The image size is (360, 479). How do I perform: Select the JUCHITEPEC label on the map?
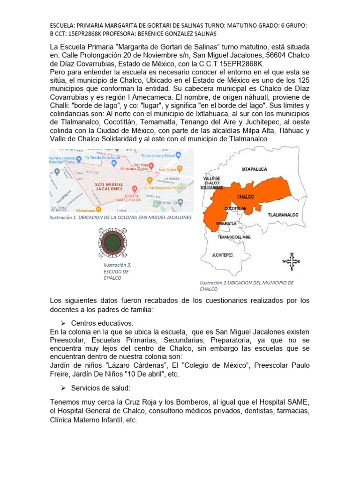[223, 255]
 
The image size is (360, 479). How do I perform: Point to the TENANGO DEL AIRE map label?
[234, 238]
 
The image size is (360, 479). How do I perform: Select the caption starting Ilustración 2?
[246, 286]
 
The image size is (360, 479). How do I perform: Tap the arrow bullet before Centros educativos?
[64, 323]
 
